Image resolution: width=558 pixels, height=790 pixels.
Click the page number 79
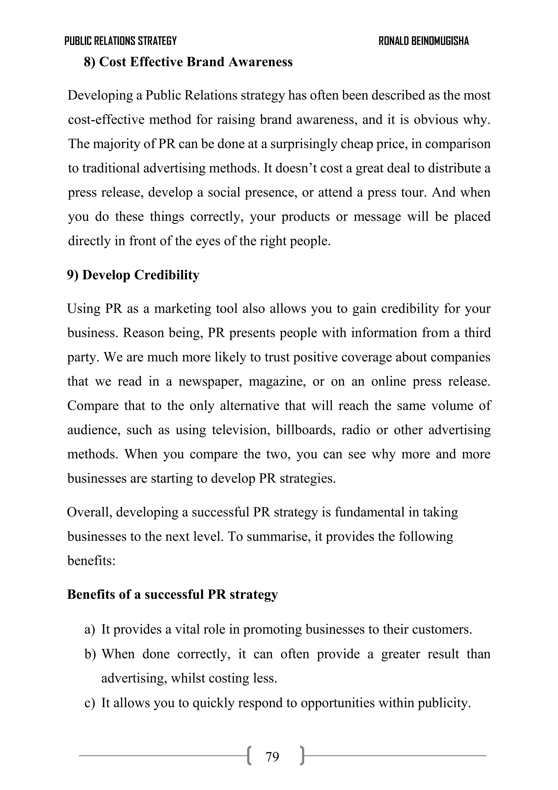coord(272,757)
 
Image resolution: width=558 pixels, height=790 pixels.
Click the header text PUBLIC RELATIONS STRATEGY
coord(120,41)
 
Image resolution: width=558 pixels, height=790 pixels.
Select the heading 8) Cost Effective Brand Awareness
coord(188,62)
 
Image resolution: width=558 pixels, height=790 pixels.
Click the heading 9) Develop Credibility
coord(133,275)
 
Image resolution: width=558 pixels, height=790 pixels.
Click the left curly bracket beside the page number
coord(249,756)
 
